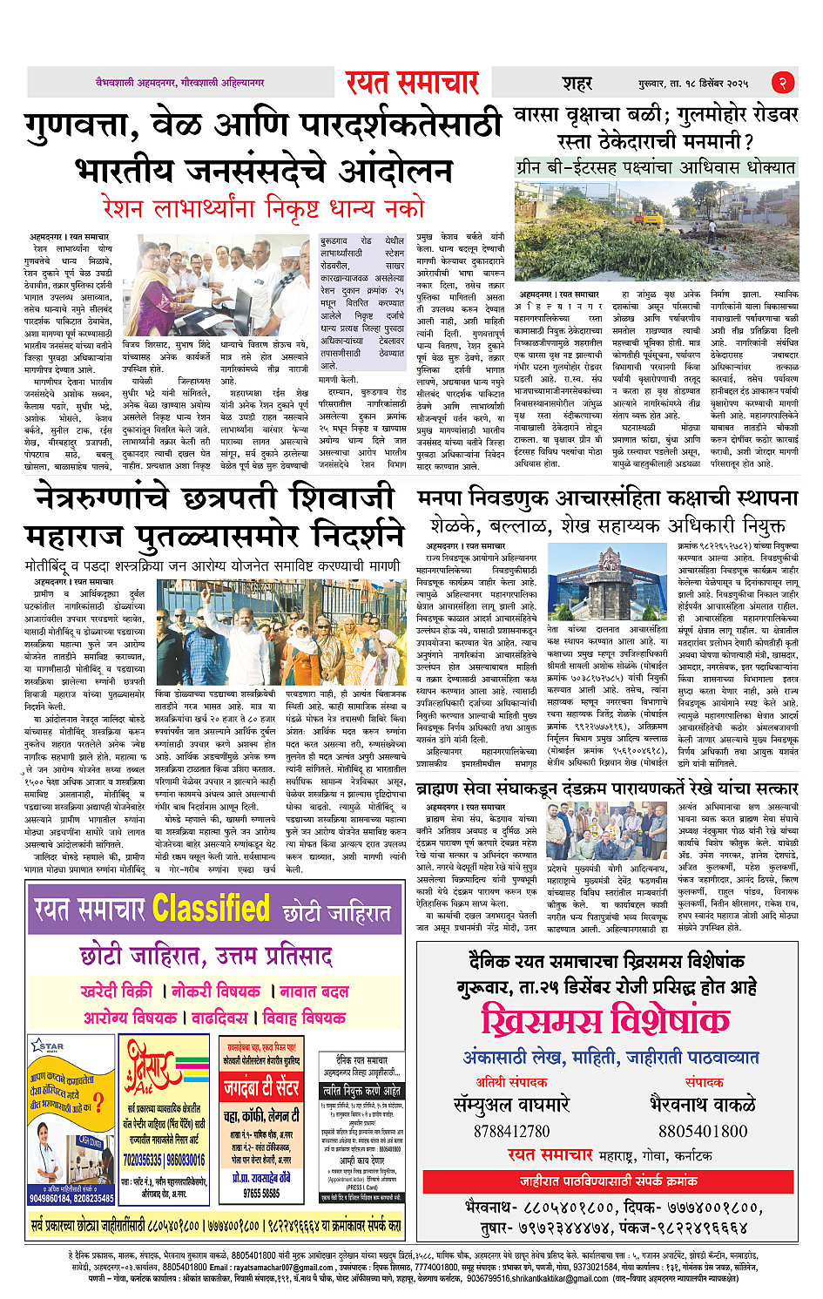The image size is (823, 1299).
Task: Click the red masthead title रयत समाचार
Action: [412, 83]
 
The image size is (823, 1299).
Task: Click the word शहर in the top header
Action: [577, 84]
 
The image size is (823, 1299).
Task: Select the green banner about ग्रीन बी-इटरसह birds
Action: [655, 166]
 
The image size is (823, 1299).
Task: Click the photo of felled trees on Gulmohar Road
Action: [655, 230]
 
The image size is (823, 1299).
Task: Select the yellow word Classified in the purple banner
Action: [211, 910]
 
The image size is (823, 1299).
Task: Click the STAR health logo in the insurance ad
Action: [48, 1045]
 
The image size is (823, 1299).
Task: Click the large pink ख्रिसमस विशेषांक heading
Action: [606, 1020]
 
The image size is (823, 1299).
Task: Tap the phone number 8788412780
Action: [512, 1131]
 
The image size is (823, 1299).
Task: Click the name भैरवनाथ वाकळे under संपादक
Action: [703, 1105]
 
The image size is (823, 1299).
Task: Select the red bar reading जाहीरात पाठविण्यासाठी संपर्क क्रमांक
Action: [608, 1181]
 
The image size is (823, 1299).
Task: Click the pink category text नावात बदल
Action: [314, 991]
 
